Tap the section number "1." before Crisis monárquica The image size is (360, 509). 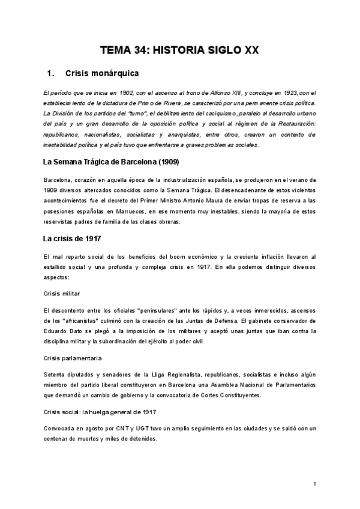click(x=51, y=74)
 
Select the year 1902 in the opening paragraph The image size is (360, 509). click(x=119, y=92)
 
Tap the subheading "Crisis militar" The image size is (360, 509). click(x=62, y=294)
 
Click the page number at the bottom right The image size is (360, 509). click(x=314, y=483)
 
